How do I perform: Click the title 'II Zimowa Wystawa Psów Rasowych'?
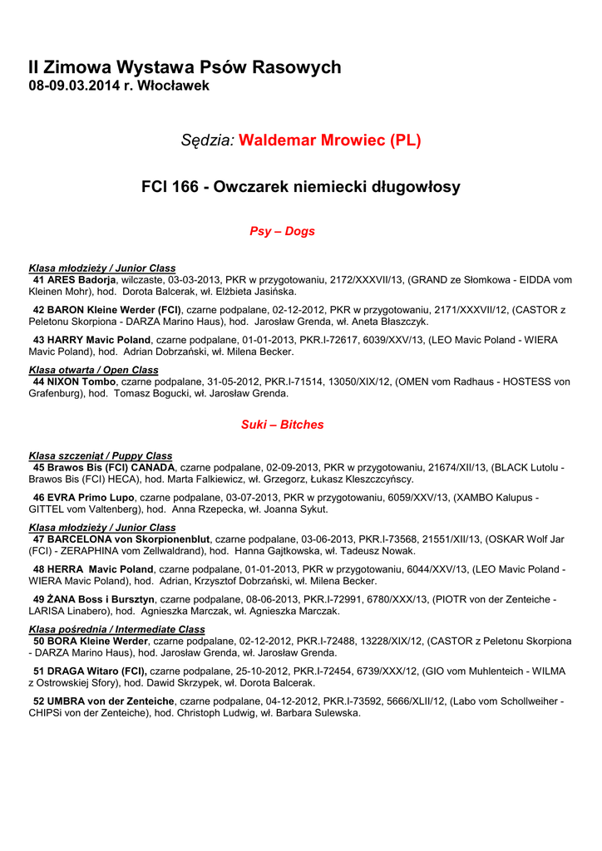pos(185,67)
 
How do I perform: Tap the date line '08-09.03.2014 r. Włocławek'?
pos(119,86)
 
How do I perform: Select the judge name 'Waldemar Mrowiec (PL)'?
pos(330,140)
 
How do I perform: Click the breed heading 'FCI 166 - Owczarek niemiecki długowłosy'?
pos(301,188)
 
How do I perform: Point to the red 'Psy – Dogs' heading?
pos(282,231)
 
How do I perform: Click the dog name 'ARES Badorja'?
pos(81,280)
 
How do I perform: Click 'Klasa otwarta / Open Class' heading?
pos(93,370)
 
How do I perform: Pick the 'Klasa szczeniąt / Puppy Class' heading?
pos(101,456)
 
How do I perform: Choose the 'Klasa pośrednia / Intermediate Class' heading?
pos(116,629)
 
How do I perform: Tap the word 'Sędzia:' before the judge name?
pos(208,140)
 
